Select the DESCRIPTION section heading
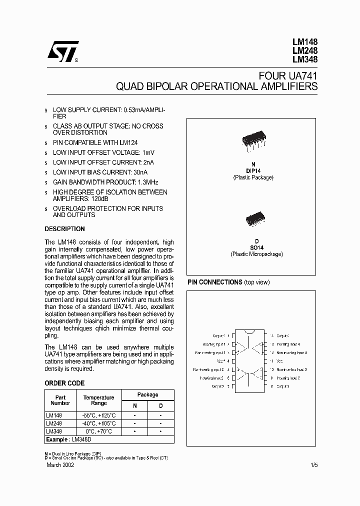tap(64, 229)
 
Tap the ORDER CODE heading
tap(64, 383)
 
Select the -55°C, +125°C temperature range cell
tap(98, 415)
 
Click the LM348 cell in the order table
tap(54, 431)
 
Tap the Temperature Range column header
tap(98, 400)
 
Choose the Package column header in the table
tap(147, 394)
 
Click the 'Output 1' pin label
tap(217, 336)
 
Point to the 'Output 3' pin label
tap(283, 386)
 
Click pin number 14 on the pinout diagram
tap(271, 336)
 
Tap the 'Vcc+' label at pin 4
tap(220, 361)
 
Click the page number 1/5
tap(313, 465)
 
